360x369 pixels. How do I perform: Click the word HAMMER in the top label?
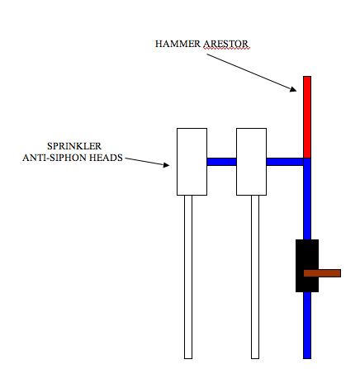click(178, 44)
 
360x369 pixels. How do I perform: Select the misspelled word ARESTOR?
click(225, 44)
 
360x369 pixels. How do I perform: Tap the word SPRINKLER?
click(74, 146)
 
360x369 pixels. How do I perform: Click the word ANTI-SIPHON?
click(54, 158)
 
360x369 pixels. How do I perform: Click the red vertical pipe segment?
click(307, 117)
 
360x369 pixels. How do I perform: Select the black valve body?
click(307, 266)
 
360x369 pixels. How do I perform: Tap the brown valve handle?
click(322, 273)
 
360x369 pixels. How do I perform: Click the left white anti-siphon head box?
click(192, 162)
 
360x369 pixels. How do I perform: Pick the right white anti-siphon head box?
click(251, 162)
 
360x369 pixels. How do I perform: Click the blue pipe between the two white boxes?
click(221, 162)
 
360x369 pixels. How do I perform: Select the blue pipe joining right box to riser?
click(285, 162)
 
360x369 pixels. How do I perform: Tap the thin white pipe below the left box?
click(188, 277)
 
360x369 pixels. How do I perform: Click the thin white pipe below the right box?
click(255, 277)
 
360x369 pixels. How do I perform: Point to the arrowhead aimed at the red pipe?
click(293, 89)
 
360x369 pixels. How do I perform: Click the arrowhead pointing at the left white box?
click(166, 165)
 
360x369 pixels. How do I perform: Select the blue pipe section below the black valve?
click(307, 325)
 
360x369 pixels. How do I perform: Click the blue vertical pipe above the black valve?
click(307, 199)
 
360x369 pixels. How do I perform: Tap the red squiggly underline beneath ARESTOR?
click(226, 49)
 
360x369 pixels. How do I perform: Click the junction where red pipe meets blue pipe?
click(307, 158)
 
